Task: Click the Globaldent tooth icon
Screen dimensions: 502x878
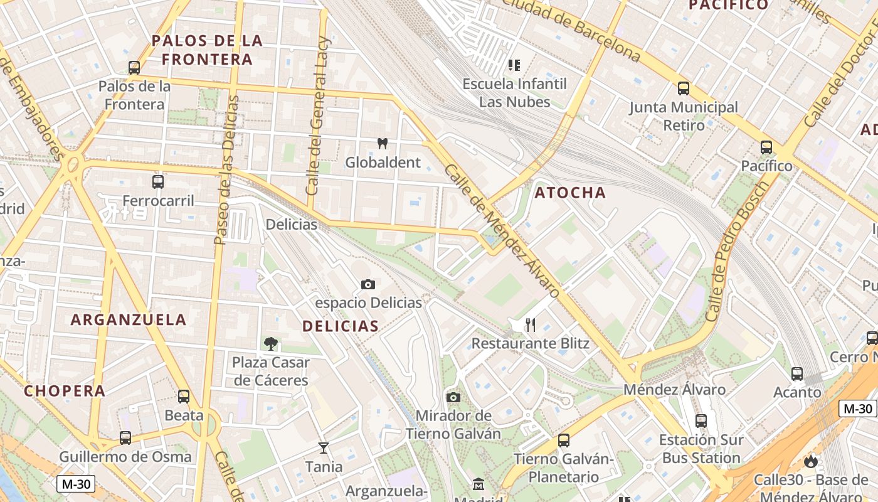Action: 382,144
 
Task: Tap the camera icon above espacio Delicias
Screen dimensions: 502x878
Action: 368,285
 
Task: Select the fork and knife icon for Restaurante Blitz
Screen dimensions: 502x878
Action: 531,325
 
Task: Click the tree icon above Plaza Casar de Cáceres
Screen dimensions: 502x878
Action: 271,344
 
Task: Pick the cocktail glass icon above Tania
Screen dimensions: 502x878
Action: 324,448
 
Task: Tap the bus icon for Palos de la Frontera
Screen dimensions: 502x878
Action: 134,68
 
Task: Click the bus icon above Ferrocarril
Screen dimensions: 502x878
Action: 158,182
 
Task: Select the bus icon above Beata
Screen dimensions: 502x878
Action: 184,397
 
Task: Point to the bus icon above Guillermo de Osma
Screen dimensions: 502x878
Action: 125,438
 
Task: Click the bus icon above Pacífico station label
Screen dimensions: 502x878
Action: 766,147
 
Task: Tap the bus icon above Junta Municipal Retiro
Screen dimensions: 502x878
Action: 684,88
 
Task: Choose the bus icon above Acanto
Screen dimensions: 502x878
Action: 797,374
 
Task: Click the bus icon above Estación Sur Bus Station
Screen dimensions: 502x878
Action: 701,421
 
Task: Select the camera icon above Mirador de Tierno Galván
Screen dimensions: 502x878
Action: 453,397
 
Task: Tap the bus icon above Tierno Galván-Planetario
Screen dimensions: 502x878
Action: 564,441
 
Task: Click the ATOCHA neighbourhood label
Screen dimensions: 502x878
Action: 570,193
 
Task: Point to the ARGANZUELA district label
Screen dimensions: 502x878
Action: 129,319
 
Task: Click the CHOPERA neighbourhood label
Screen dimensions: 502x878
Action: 65,391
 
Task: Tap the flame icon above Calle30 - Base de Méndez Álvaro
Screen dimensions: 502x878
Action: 811,462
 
